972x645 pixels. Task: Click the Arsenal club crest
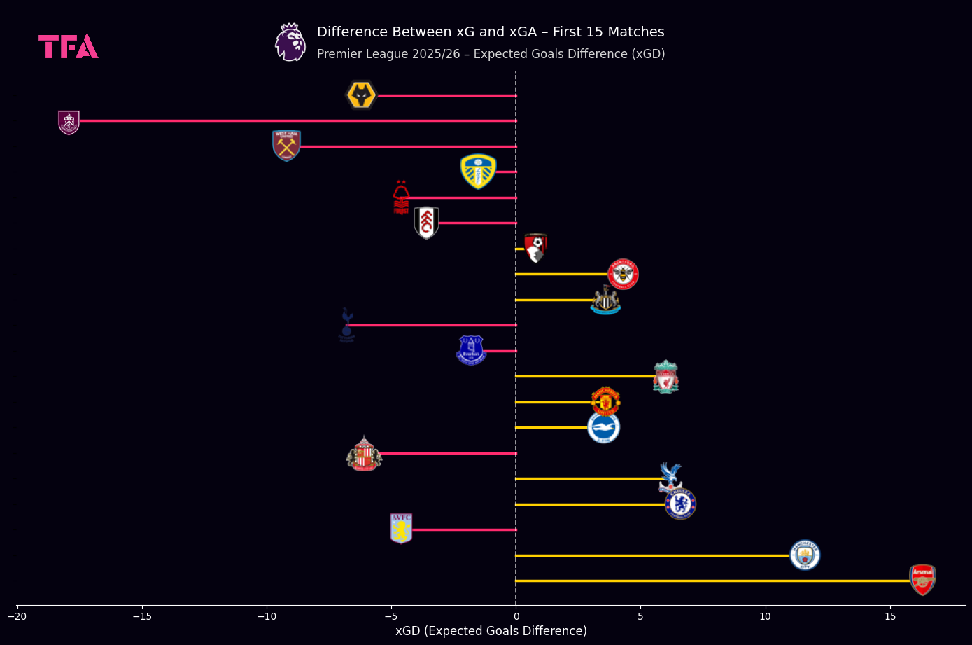tap(922, 580)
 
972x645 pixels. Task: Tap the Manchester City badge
tap(805, 555)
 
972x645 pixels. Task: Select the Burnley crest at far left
tap(69, 122)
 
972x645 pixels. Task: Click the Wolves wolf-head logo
tap(362, 95)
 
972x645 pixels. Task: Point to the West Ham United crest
tap(286, 146)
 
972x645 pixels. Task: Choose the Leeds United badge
tap(478, 172)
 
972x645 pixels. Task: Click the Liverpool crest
tap(665, 377)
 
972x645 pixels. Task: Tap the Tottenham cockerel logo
tap(346, 325)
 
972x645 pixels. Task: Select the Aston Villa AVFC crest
tap(401, 529)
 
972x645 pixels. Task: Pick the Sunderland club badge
tap(364, 454)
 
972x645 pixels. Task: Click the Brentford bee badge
tap(623, 274)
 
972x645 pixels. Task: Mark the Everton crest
tap(471, 350)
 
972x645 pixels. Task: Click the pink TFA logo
tap(68, 47)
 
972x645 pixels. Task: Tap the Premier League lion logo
tap(290, 42)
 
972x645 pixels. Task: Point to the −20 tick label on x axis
tap(17, 616)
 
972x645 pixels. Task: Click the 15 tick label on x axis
tap(890, 616)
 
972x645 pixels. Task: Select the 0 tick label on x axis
tap(516, 616)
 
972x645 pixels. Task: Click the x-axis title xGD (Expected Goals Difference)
tap(491, 631)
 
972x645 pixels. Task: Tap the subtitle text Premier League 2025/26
tap(388, 55)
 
